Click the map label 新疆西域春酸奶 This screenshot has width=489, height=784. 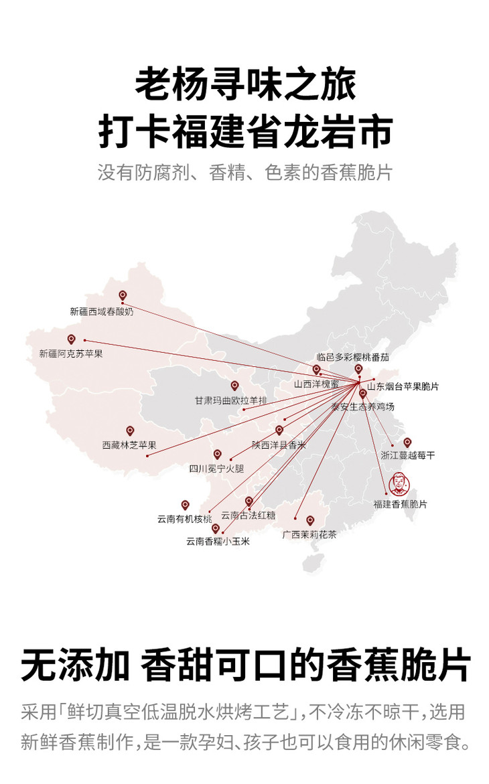point(101,311)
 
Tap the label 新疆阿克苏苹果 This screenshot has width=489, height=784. point(70,353)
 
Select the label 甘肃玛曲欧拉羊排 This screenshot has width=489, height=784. point(230,400)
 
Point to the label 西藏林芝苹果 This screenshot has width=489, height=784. point(129,445)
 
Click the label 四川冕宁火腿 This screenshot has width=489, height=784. point(216,469)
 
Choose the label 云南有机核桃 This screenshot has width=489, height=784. point(184,519)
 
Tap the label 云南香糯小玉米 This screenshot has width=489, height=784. point(218,542)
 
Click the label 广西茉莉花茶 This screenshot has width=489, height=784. point(309,535)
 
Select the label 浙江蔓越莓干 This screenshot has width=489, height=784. point(407,456)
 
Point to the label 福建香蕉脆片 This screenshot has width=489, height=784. point(400,504)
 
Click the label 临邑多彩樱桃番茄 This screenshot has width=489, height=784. point(352,358)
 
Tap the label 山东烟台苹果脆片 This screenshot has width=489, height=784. point(403,386)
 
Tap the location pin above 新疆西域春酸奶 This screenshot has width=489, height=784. point(123,295)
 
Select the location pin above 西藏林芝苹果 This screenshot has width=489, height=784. point(130,430)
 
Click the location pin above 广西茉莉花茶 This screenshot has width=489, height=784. point(310,520)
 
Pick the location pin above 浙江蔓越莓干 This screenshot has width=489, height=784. point(407,442)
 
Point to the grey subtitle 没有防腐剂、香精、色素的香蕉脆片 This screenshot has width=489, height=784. point(245,172)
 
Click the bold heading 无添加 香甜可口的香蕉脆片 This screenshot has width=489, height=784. point(245,665)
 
